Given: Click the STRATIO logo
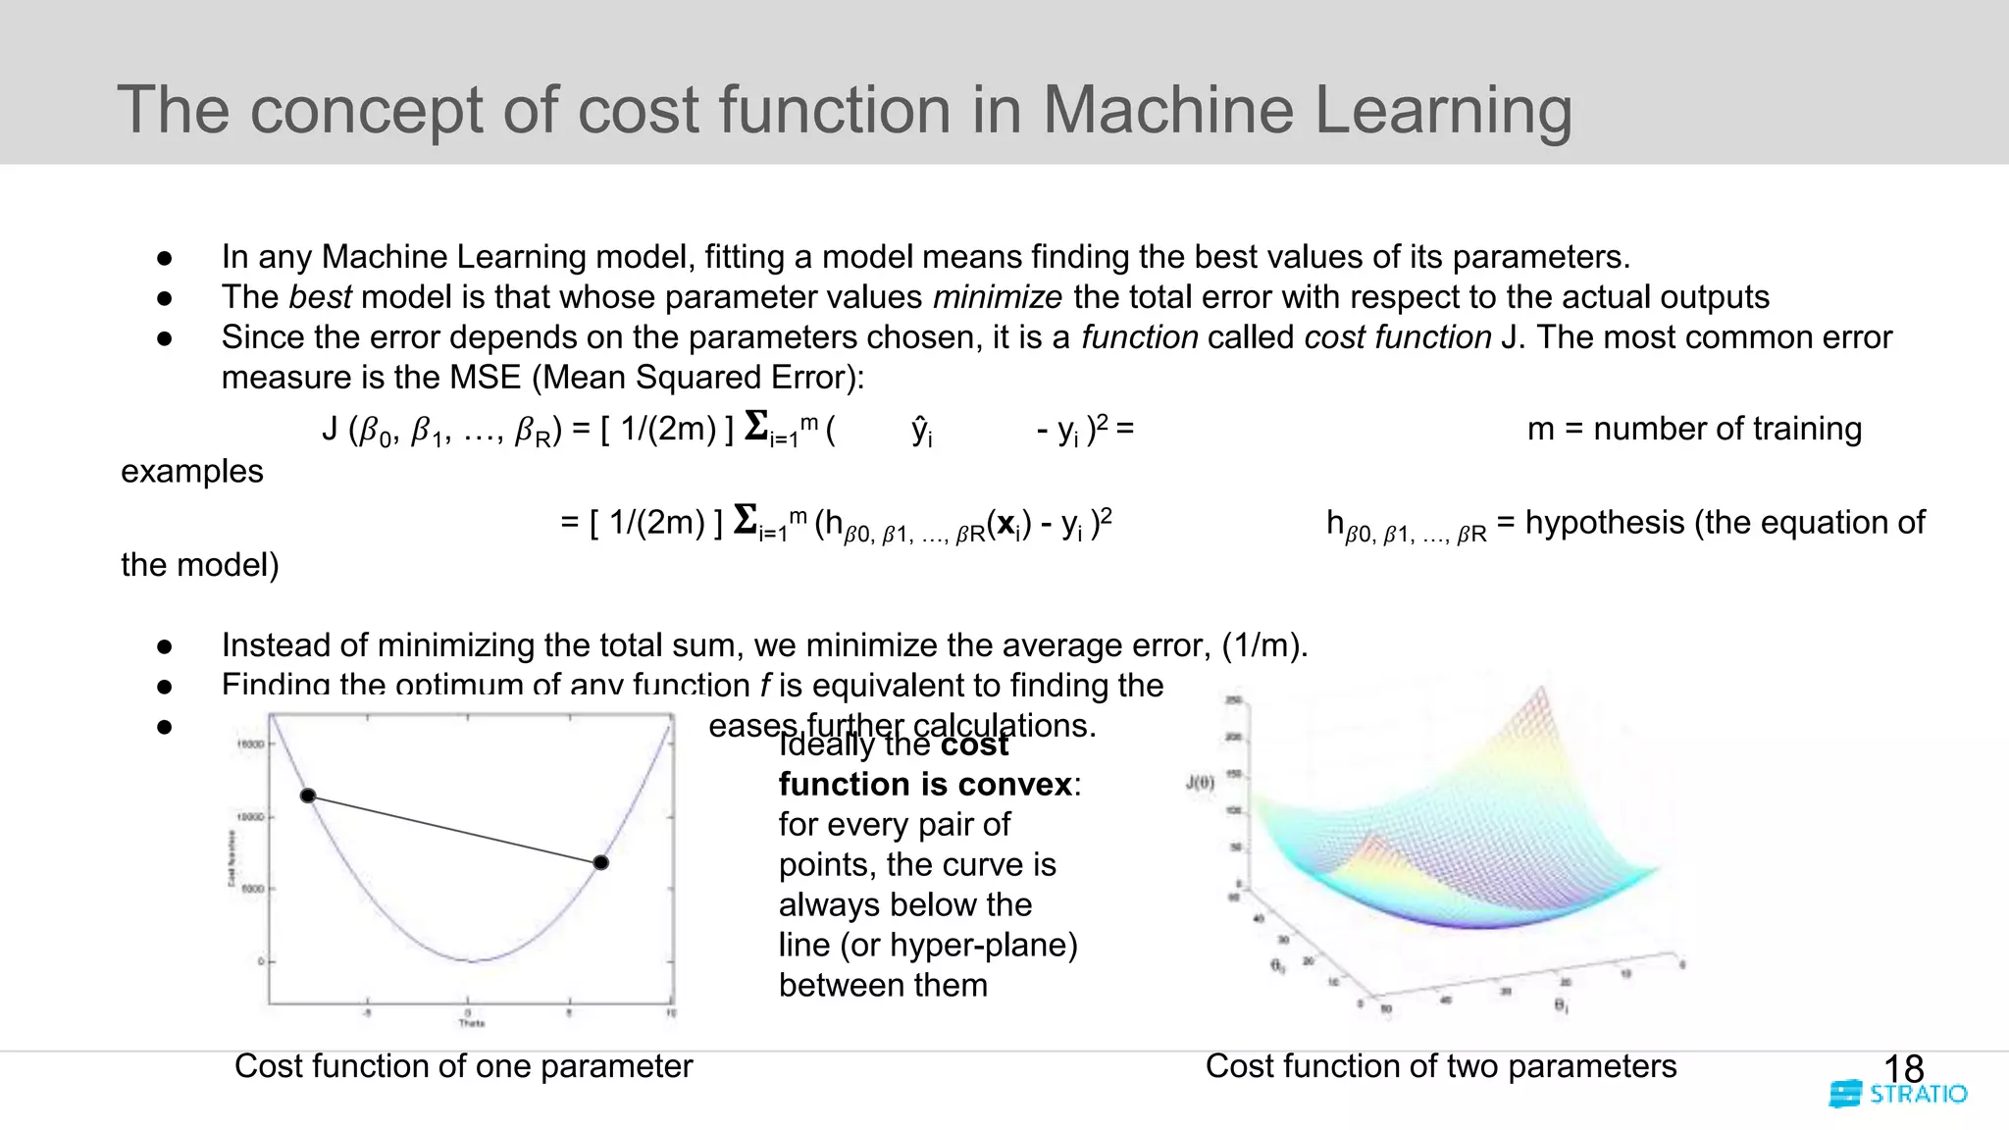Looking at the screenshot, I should pos(1898,1094).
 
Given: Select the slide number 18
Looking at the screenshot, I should pos(1903,1068).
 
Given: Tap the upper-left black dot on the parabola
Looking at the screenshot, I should pos(308,796).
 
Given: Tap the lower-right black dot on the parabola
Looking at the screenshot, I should pos(601,862).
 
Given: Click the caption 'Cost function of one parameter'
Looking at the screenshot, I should pos(463,1066).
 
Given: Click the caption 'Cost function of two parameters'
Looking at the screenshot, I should pos(1440,1066).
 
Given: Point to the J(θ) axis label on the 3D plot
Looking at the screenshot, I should pos(1200,782).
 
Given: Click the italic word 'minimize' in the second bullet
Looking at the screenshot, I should pos(997,297).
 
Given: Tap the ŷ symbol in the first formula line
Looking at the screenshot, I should pos(921,430).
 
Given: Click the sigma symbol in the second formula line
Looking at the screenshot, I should pos(747,520).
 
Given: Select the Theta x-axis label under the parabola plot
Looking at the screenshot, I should pos(472,1023).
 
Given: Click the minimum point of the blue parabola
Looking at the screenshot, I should pos(472,961).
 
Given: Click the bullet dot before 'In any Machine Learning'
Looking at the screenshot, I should pos(165,258).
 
